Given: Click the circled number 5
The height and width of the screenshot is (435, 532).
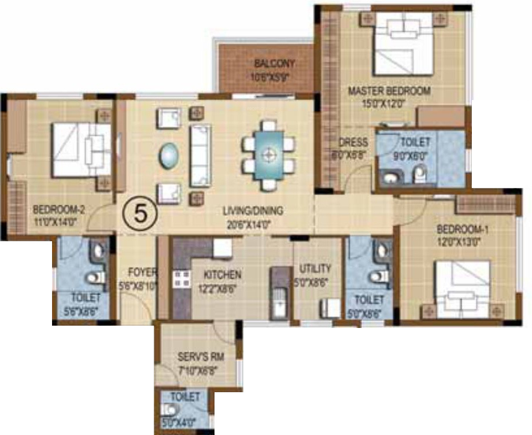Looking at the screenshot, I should pyautogui.click(x=139, y=213).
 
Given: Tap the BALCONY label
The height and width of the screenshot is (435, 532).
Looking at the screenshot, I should pyautogui.click(x=274, y=64).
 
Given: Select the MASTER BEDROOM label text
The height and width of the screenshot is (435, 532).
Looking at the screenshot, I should pyautogui.click(x=389, y=91).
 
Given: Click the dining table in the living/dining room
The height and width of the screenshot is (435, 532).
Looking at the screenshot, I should pyautogui.click(x=268, y=154).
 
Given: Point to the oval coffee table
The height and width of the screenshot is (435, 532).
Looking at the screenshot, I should pyautogui.click(x=169, y=155).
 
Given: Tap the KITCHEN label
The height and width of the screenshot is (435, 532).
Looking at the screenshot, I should pyautogui.click(x=223, y=275).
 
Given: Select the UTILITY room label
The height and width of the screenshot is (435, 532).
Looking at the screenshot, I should pyautogui.click(x=315, y=268).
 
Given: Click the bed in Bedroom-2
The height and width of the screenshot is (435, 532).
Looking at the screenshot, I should pyautogui.click(x=81, y=150).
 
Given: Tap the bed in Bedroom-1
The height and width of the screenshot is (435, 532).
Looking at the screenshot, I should pyautogui.click(x=463, y=289).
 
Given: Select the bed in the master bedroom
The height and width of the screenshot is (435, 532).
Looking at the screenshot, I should pyautogui.click(x=403, y=44).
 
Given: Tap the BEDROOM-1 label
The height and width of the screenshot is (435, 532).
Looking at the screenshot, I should pyautogui.click(x=463, y=230).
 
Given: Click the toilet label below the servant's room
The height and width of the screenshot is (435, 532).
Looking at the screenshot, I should pyautogui.click(x=186, y=397).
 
